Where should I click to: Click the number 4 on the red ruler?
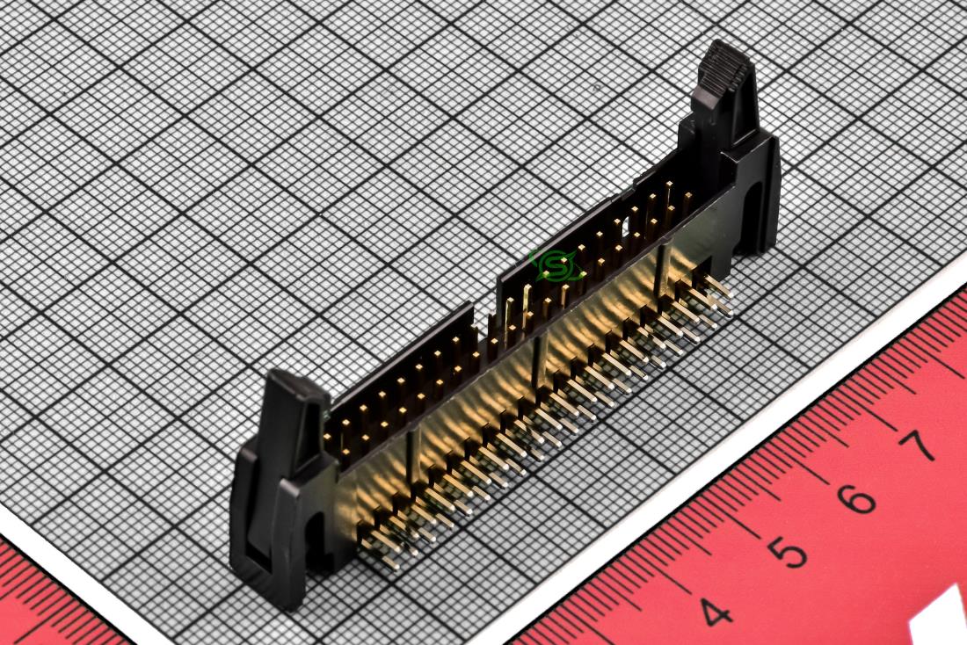pos(715,612)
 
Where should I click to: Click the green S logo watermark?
pos(555,266)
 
